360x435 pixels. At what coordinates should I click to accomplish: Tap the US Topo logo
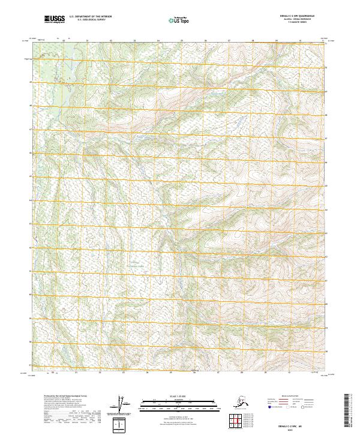(x=180, y=21)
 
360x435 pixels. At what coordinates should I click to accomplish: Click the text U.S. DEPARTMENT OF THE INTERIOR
(x=91, y=17)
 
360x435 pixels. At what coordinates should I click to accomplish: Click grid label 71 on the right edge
(x=326, y=44)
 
